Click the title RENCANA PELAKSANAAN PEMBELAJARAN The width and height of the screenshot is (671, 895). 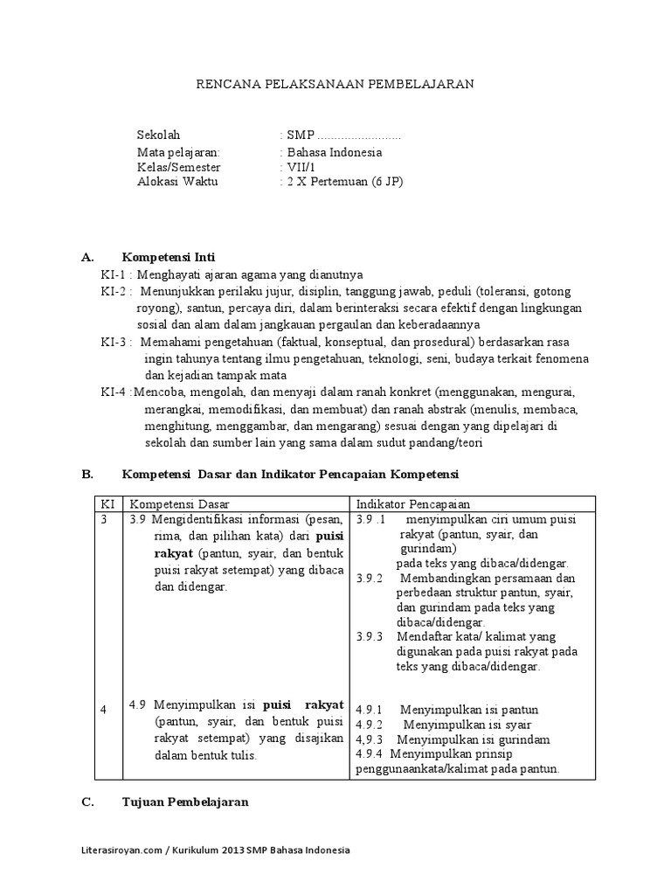tap(334, 84)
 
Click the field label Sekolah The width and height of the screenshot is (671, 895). tap(158, 135)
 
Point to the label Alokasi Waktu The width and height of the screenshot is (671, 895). tap(177, 182)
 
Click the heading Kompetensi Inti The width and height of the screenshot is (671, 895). tap(169, 257)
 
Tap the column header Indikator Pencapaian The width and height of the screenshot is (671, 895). tap(413, 503)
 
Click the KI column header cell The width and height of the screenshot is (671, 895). tap(107, 503)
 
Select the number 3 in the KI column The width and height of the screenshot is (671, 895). tap(103, 519)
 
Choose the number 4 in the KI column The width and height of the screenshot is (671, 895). tap(103, 710)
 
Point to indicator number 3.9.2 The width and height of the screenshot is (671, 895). tap(370, 579)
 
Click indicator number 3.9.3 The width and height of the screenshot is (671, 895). tap(370, 636)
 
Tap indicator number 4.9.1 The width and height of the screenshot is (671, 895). tap(370, 710)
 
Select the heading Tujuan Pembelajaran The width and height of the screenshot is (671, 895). tap(185, 801)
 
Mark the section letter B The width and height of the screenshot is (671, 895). tap(86, 474)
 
